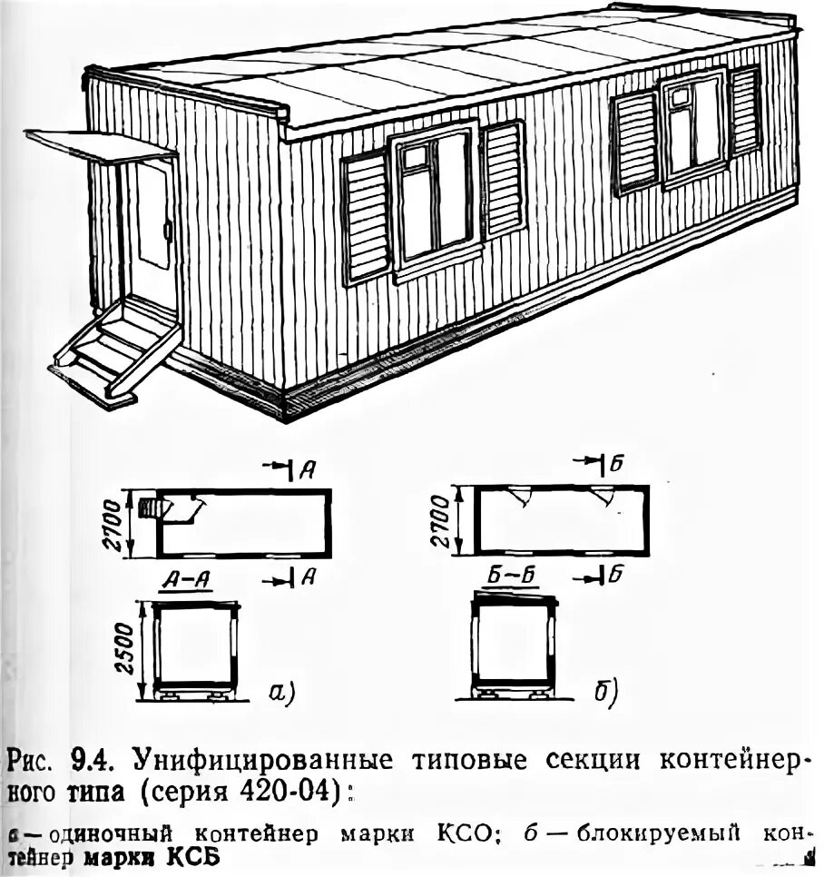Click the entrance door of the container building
[x=150, y=232]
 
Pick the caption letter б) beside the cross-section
[x=606, y=694]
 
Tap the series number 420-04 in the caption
[x=295, y=790]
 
